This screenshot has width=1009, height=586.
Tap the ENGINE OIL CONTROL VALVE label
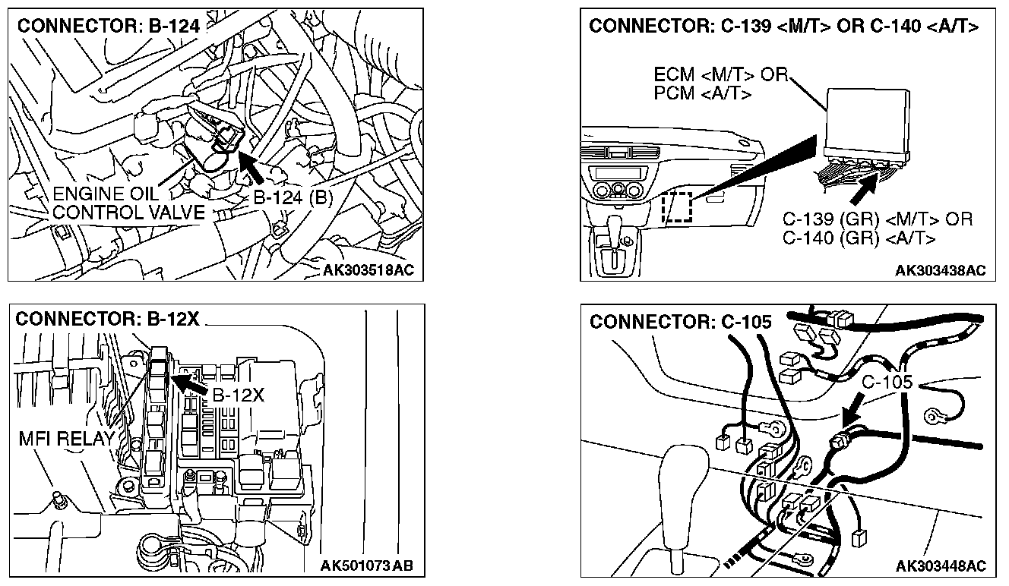click(x=128, y=204)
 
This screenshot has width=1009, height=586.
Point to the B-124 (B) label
click(x=293, y=199)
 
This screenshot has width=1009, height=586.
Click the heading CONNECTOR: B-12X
click(x=107, y=319)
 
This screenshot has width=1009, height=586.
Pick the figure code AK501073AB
click(x=367, y=566)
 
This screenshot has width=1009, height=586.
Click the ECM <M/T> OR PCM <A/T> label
click(x=718, y=83)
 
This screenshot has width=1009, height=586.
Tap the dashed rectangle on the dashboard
click(x=677, y=206)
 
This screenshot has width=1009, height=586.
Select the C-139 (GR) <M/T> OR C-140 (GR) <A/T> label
click(x=877, y=228)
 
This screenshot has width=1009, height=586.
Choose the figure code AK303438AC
click(x=940, y=271)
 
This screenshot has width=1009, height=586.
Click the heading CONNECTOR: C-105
click(x=680, y=322)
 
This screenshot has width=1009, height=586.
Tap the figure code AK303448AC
click(x=940, y=566)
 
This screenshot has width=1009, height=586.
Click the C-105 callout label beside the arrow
click(x=887, y=382)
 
